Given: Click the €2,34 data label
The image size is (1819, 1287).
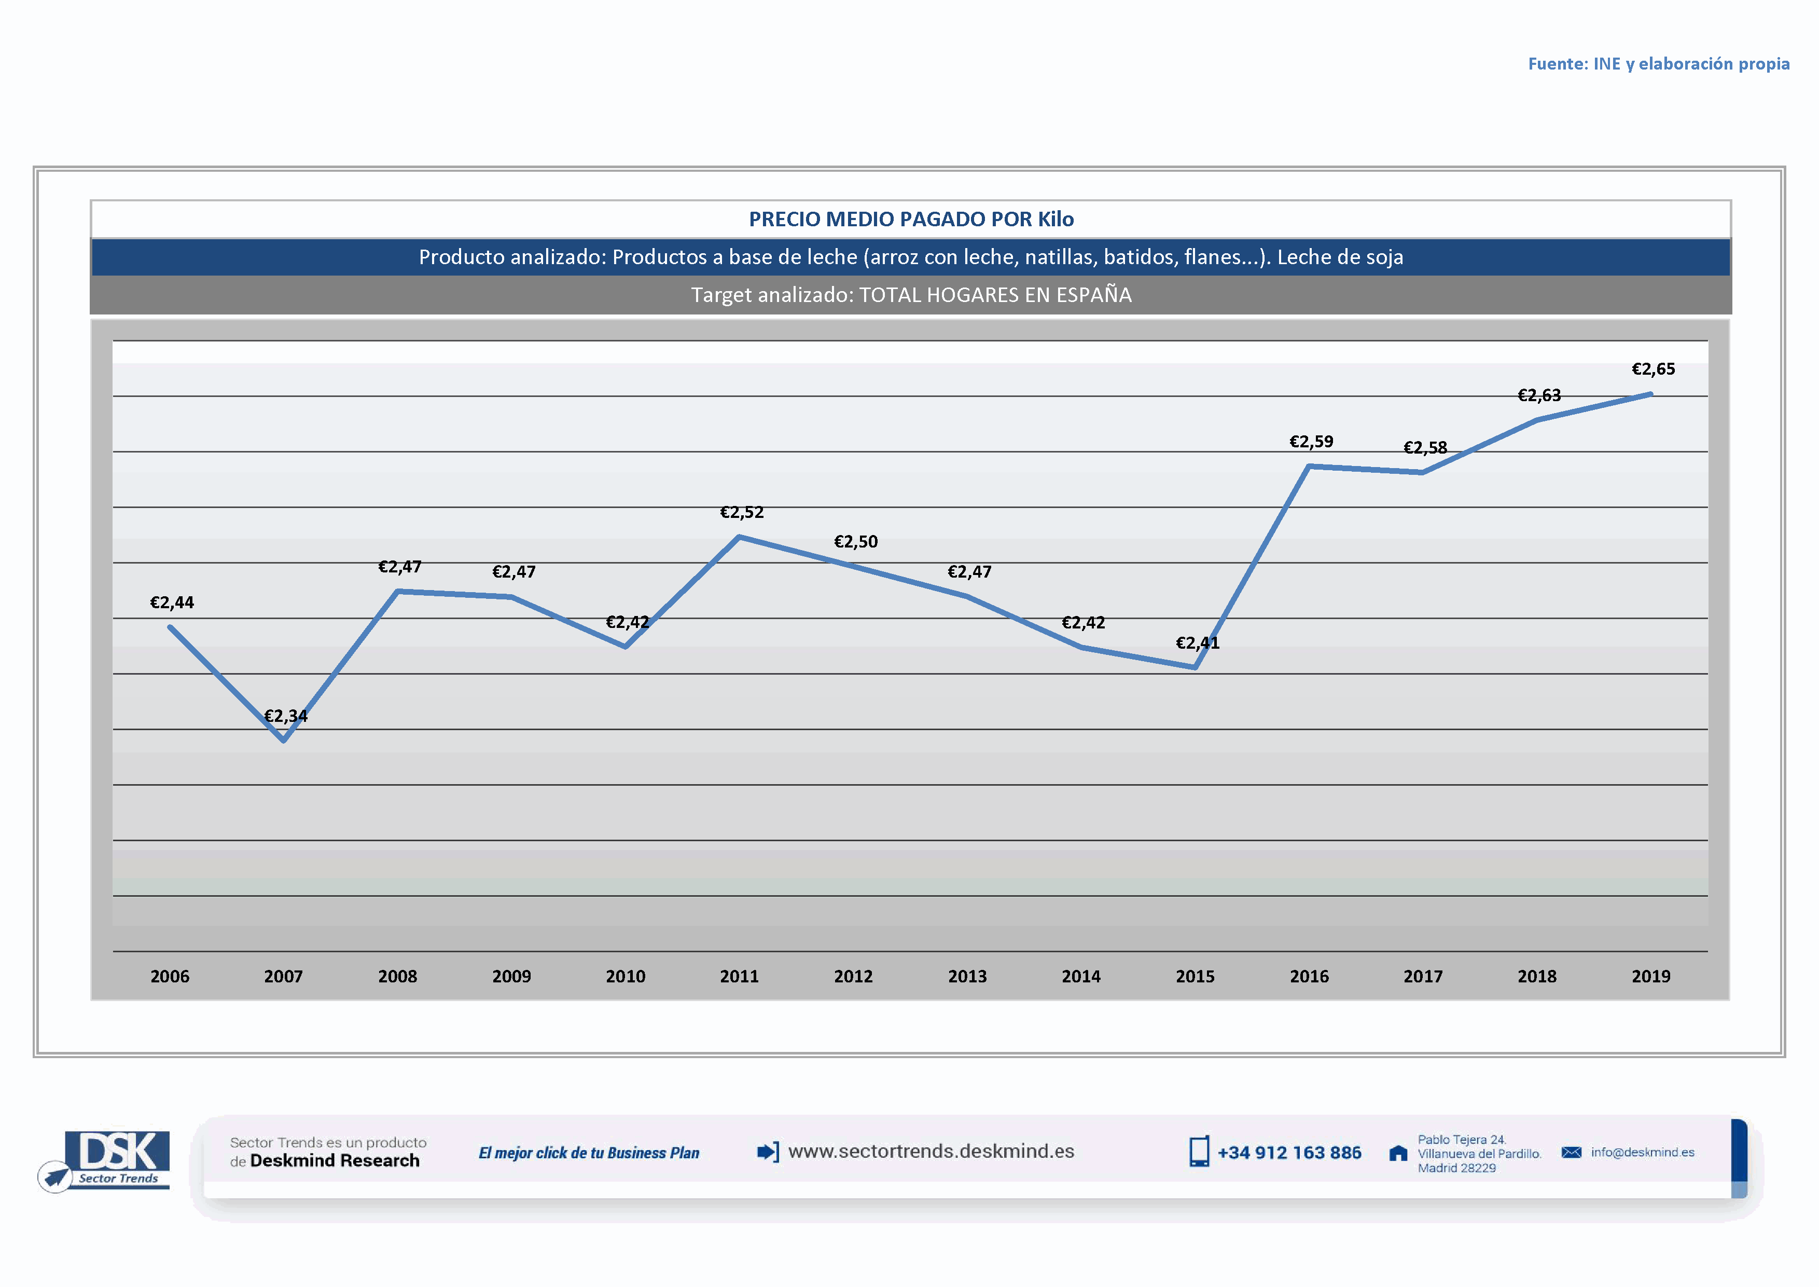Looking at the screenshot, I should pyautogui.click(x=285, y=716).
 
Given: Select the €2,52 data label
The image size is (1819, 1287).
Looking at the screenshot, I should pyautogui.click(x=742, y=512).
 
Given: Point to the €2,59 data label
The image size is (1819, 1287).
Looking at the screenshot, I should pyautogui.click(x=1311, y=442).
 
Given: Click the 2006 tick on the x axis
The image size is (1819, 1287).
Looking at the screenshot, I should pyautogui.click(x=170, y=976).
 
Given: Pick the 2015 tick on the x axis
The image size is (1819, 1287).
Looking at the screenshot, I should pyautogui.click(x=1195, y=976).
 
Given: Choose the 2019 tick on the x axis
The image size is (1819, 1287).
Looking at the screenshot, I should pyautogui.click(x=1650, y=976).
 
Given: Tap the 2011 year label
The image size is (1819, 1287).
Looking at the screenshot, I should pyautogui.click(x=739, y=976).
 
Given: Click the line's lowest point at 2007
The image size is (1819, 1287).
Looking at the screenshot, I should pyautogui.click(x=284, y=740).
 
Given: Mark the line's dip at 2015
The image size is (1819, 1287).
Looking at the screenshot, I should pyautogui.click(x=1195, y=667).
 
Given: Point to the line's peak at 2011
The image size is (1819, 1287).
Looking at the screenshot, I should pyautogui.click(x=739, y=537).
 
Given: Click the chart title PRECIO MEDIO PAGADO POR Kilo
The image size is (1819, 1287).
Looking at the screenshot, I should pyautogui.click(x=911, y=220).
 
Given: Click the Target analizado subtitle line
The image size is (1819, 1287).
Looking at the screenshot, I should pyautogui.click(x=911, y=295).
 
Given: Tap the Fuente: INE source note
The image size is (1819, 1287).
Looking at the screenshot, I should pyautogui.click(x=1658, y=63).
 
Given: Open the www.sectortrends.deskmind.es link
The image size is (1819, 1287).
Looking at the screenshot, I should pyautogui.click(x=931, y=1152).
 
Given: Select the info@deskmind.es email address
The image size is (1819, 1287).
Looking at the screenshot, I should pyautogui.click(x=1642, y=1152).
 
